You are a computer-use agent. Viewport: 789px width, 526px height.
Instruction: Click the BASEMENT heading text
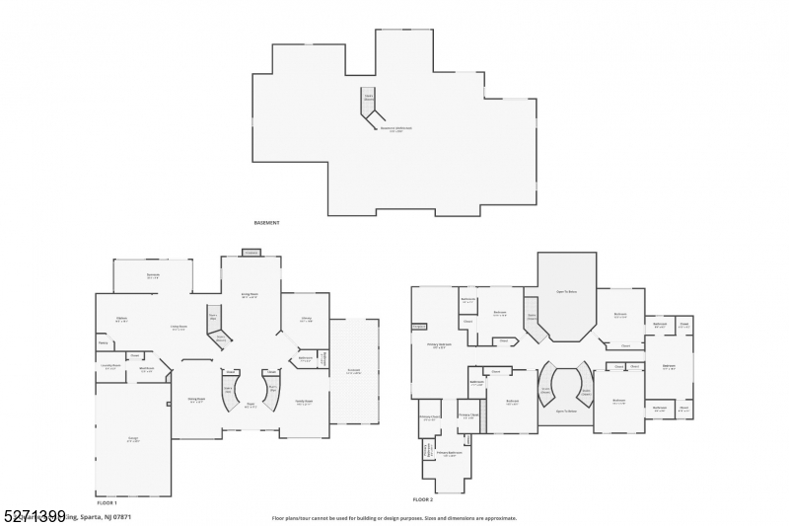pos(266,223)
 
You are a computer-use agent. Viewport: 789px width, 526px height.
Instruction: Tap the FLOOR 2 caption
pos(424,499)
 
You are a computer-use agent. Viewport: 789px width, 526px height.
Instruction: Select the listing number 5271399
pos(35,515)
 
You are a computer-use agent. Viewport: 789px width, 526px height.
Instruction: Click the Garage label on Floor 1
pos(132,439)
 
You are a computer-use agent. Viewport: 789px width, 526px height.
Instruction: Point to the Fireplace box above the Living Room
pos(251,254)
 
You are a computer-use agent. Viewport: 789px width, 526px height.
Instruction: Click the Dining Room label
pos(195,400)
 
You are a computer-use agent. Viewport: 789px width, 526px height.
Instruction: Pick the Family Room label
pos(305,403)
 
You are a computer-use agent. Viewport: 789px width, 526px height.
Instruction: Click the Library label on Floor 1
pos(307,319)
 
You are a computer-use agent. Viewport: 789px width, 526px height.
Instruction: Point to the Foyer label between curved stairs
pos(251,405)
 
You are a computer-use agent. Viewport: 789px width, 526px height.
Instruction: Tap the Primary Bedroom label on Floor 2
pos(439,345)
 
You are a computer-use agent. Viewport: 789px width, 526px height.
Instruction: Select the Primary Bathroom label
pos(449,455)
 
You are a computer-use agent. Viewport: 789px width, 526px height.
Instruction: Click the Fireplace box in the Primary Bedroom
pos(418,327)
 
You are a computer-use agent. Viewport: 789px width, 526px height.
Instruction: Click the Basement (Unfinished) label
pos(396,128)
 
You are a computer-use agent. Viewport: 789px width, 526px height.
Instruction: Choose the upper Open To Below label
pos(566,293)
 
